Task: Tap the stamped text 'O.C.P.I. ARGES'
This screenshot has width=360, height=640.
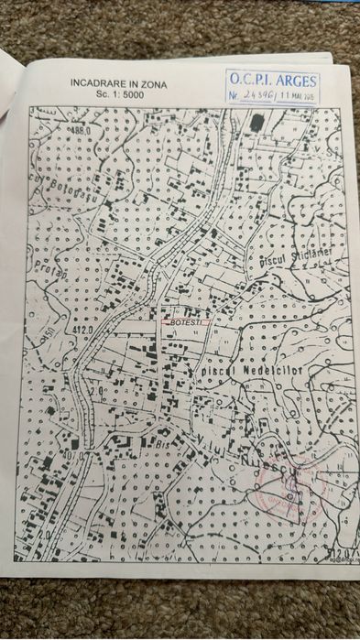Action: pos(274,79)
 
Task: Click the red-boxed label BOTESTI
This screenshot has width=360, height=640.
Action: pos(185,322)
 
